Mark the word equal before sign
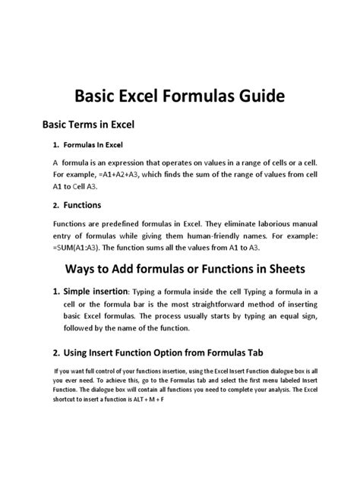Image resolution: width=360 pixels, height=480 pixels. coord(276,317)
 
